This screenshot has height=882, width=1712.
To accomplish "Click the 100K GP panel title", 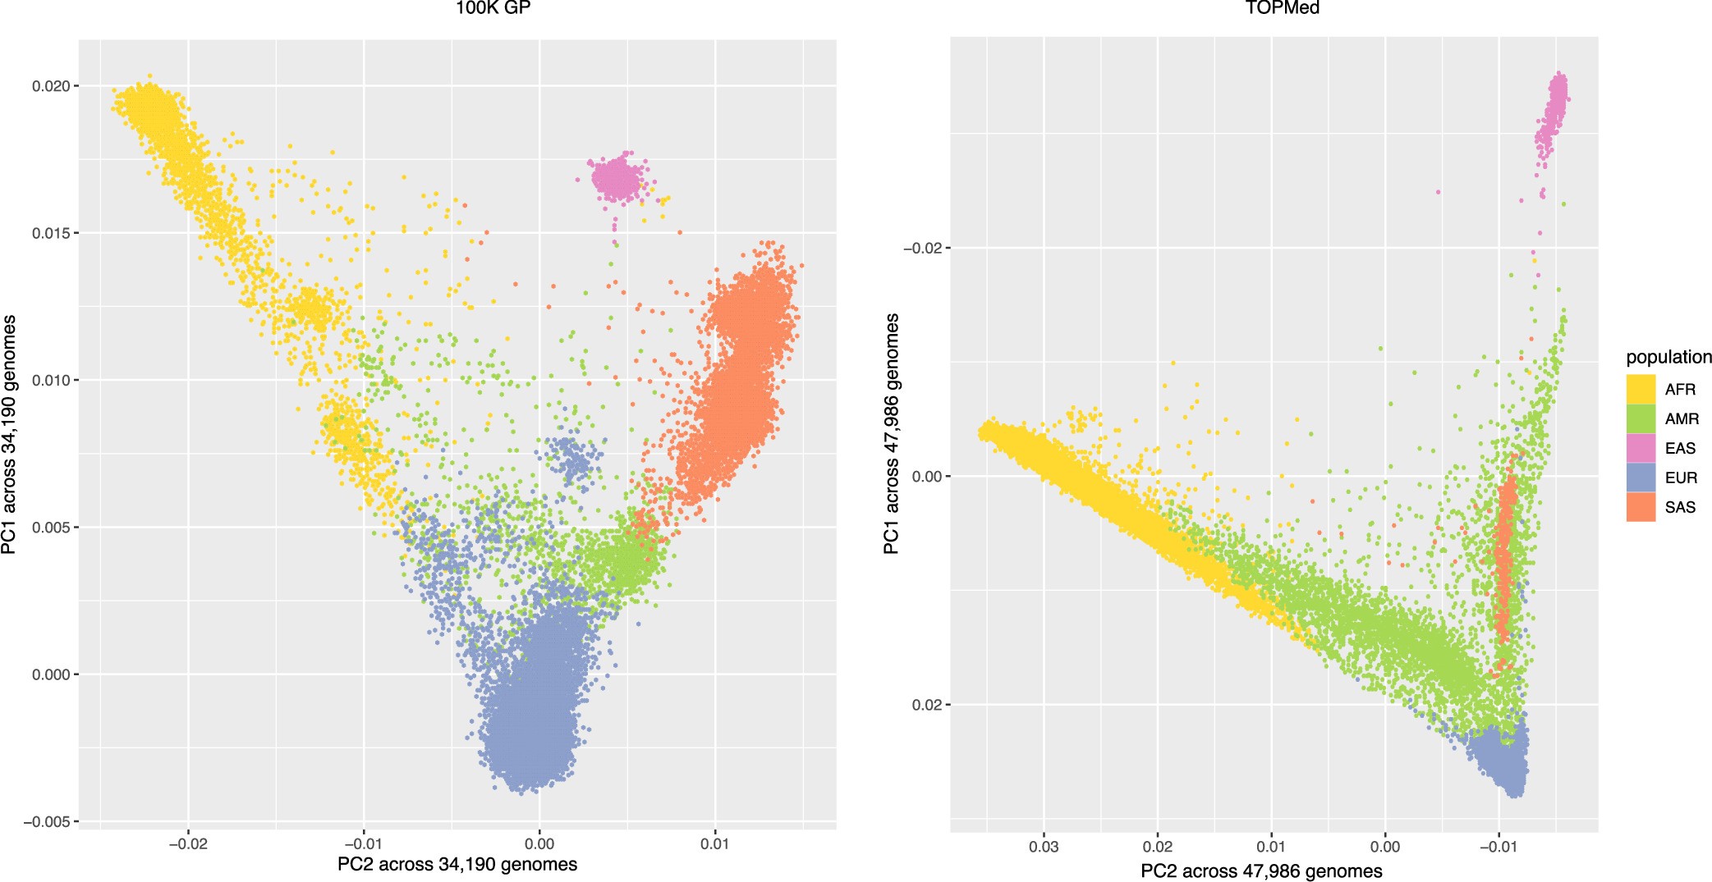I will click(493, 9).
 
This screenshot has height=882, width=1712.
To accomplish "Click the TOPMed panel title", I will click(1282, 9).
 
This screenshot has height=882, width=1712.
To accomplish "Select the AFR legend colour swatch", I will click(1640, 389).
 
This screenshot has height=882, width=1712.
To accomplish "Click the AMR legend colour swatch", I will click(1640, 418).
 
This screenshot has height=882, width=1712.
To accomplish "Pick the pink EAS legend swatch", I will click(1640, 448).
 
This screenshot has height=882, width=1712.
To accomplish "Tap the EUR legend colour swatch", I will click(1640, 478).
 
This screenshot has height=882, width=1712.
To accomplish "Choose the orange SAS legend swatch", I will click(1640, 507).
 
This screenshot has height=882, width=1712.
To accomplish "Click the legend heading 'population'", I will click(1668, 357).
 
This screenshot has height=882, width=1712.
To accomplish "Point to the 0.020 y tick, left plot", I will click(55, 86).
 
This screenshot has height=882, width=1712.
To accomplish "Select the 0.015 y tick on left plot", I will click(55, 233).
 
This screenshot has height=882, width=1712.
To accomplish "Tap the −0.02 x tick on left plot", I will click(188, 843).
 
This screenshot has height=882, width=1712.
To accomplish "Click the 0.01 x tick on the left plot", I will click(714, 843).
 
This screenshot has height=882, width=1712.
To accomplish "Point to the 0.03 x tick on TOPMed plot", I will click(1044, 847).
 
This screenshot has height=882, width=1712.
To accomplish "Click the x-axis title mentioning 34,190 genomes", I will click(457, 864).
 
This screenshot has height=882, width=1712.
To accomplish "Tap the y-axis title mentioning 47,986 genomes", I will click(892, 433).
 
